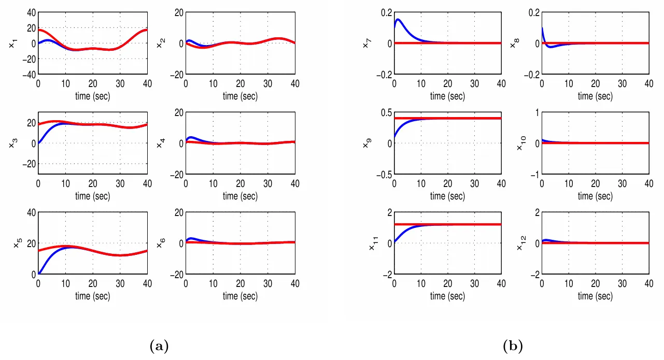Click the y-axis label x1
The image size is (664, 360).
click(x=12, y=45)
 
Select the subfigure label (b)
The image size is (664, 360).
click(x=513, y=345)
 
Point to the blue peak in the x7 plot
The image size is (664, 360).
click(x=398, y=20)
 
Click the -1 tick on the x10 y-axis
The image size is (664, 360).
click(x=535, y=175)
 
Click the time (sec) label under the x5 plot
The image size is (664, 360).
click(x=93, y=296)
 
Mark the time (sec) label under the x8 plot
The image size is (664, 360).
click(x=595, y=96)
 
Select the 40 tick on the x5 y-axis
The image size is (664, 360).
click(x=30, y=212)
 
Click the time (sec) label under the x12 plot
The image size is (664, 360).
click(x=595, y=296)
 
